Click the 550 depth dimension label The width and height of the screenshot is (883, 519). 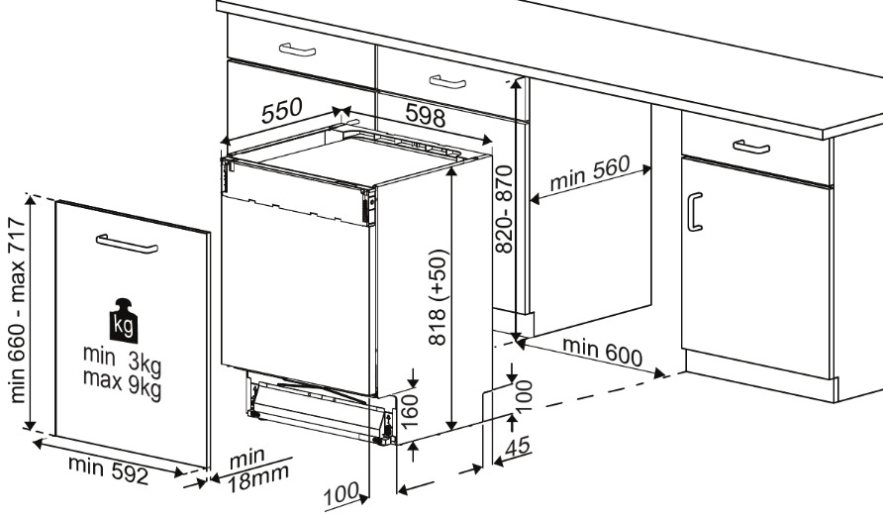282,112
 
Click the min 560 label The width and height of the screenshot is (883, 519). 590,177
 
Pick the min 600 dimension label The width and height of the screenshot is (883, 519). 602,352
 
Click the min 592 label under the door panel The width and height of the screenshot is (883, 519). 108,469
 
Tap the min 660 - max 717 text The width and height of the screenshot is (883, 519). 19,311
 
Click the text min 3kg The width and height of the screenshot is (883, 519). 122,361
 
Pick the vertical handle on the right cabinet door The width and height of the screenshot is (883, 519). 695,211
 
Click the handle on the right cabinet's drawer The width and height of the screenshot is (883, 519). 751,147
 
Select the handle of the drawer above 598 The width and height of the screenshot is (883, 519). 446,80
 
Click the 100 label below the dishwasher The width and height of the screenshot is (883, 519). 343,491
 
